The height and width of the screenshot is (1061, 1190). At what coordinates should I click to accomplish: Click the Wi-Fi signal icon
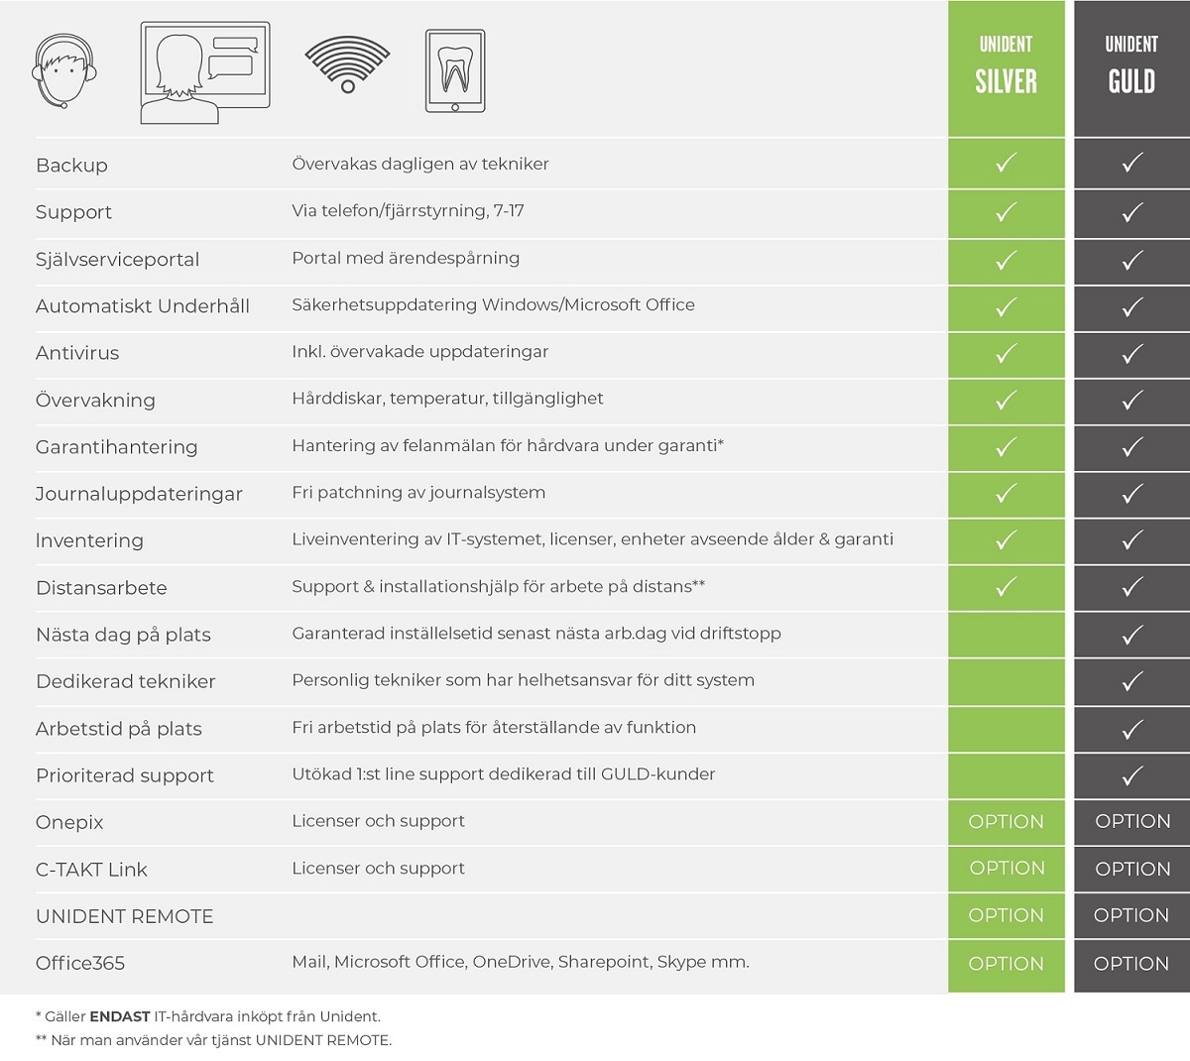tap(347, 65)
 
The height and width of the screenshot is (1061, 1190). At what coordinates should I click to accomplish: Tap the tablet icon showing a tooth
tap(455, 70)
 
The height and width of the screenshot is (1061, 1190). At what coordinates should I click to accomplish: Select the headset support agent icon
tap(66, 71)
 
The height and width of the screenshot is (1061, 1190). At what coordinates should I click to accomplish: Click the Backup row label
tap(71, 166)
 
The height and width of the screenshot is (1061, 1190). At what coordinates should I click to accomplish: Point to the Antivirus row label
tap(77, 353)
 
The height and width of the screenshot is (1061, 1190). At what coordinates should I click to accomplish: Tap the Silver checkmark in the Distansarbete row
tap(1006, 587)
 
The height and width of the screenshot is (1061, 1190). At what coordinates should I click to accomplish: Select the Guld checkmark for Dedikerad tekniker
tap(1131, 681)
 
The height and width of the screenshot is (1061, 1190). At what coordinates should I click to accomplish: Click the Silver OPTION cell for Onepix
tap(1006, 822)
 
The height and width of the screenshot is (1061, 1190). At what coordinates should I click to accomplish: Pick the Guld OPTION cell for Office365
tap(1131, 963)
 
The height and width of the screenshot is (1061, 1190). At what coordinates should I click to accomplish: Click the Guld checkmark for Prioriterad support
tap(1131, 775)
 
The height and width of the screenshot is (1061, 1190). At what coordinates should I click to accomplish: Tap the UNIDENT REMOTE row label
tap(124, 916)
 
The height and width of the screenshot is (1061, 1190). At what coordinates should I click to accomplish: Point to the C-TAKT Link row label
tap(91, 870)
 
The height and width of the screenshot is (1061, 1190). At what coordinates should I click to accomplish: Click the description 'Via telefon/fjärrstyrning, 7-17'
tap(408, 211)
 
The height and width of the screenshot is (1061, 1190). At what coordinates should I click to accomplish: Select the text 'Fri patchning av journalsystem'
tap(418, 493)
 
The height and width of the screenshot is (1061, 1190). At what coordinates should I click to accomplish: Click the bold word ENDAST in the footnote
tap(119, 1016)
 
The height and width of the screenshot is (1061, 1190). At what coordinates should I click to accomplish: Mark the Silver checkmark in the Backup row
tap(1006, 164)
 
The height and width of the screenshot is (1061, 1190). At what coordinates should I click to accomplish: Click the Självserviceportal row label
tap(117, 260)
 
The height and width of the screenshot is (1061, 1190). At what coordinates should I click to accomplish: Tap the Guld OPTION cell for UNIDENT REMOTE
tap(1131, 915)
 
